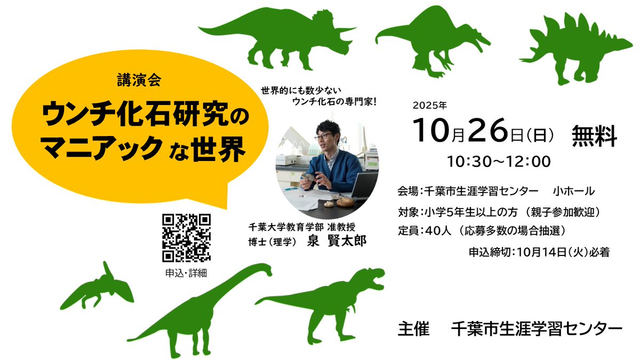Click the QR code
186,238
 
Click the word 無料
594,135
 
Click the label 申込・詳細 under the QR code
186,273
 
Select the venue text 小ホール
574,190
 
